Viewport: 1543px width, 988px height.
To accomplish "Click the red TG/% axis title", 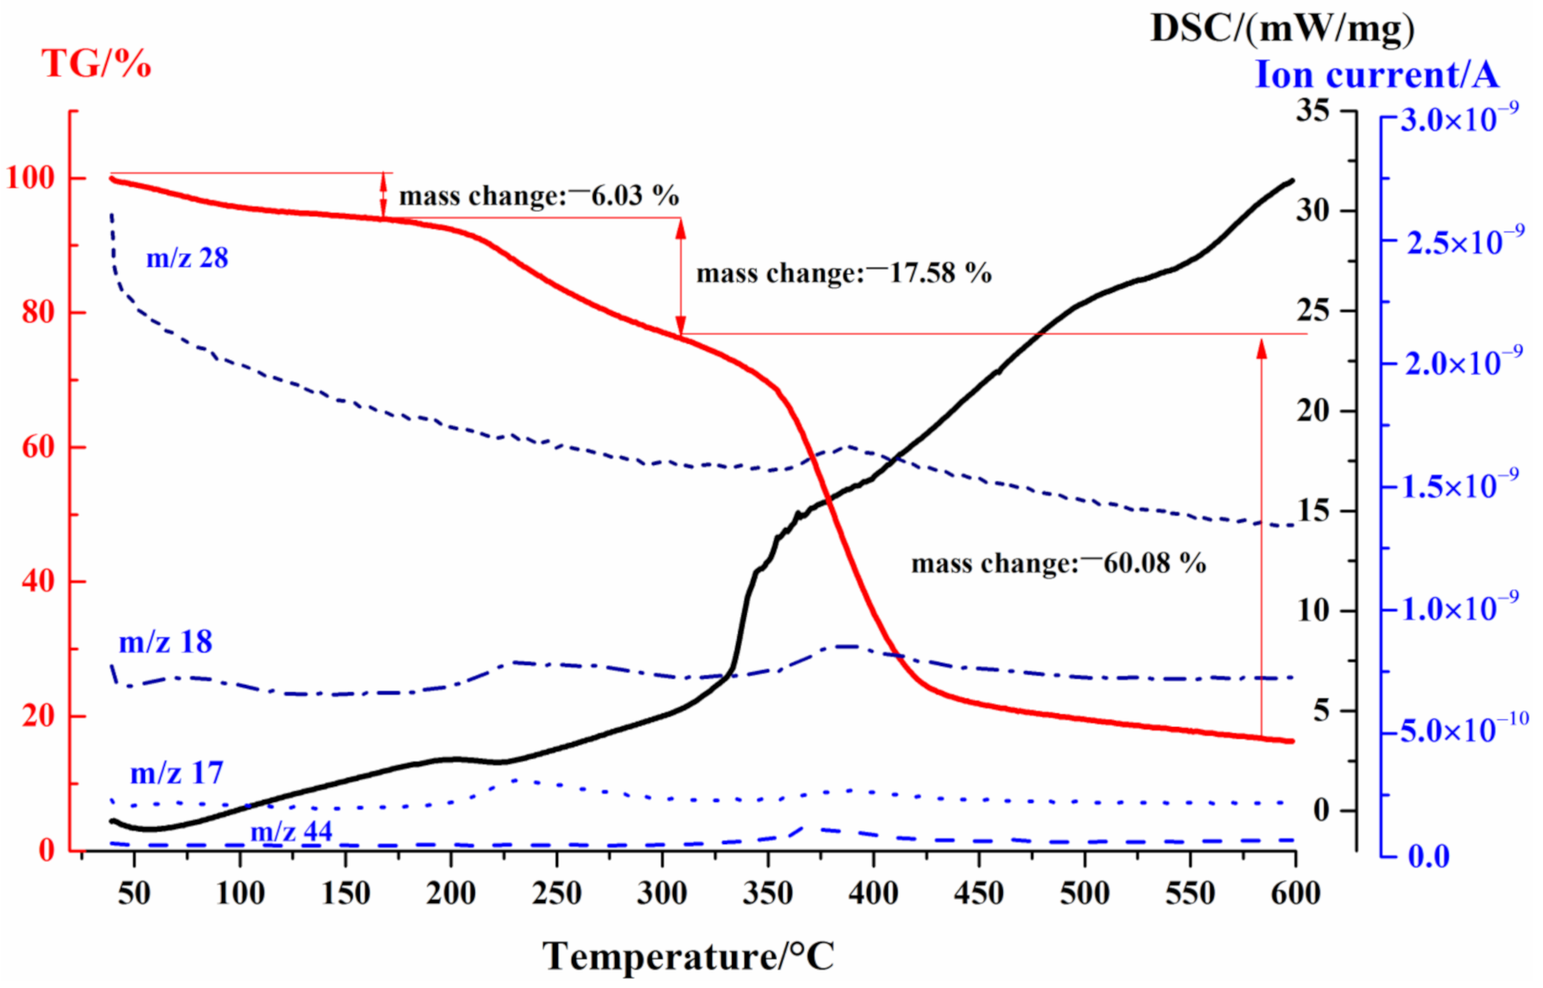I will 95,64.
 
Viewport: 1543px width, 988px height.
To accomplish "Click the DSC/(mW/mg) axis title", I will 1282,29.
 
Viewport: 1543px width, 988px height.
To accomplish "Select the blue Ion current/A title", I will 1376,75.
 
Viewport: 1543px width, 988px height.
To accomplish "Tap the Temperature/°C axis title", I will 688,955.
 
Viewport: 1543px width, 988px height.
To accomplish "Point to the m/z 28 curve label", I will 187,258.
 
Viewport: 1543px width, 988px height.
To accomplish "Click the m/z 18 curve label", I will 166,642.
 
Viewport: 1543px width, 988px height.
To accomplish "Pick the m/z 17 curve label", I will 177,772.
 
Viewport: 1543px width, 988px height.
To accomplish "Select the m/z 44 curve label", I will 291,831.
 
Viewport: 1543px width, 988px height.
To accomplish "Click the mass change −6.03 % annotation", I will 539,196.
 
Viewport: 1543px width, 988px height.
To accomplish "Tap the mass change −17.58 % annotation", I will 844,273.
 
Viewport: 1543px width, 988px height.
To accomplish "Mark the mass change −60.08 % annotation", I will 1058,563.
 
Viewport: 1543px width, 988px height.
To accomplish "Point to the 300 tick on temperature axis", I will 662,893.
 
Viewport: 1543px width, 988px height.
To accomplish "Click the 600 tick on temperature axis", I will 1295,893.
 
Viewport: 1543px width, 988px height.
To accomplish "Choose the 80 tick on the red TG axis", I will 38,312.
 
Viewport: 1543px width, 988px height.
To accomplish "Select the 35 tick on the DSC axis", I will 1312,110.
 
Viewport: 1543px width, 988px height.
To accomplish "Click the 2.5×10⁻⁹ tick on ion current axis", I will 1465,242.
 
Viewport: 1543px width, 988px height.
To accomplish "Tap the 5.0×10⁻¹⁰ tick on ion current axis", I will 1464,730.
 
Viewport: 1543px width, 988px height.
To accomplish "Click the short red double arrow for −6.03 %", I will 384,195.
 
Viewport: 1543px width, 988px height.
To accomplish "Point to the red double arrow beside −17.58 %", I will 680,276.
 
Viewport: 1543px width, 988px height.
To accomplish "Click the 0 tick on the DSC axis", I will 1321,811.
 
